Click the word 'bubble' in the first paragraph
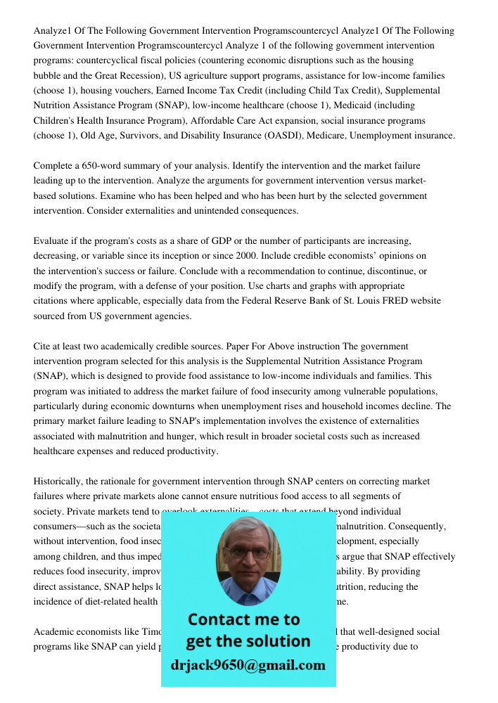click(49, 75)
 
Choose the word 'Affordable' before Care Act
click(215, 121)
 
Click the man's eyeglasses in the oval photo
click(248, 553)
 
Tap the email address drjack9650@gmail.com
click(248, 665)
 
